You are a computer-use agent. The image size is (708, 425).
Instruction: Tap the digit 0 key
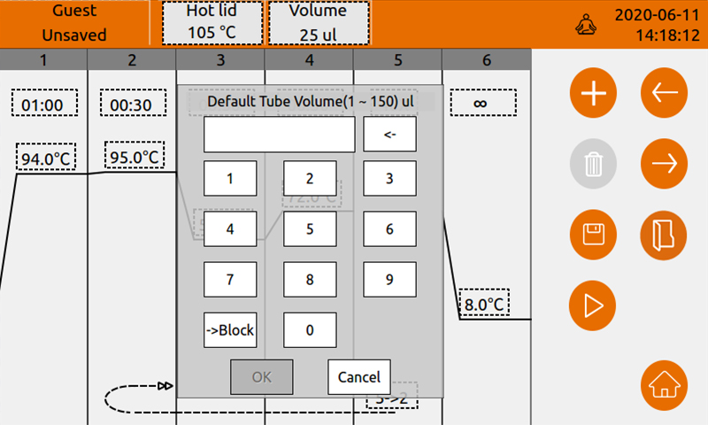tap(310, 330)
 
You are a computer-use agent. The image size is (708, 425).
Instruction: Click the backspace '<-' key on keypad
tap(389, 135)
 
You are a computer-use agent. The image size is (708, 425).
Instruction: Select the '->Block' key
tap(230, 330)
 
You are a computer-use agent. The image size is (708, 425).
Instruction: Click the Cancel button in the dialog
tap(358, 376)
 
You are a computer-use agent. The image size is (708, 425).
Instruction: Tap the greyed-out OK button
tap(261, 376)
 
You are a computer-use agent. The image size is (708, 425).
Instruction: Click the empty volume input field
tap(279, 135)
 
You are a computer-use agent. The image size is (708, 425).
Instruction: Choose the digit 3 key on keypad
tap(389, 178)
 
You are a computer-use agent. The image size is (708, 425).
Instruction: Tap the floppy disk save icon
tap(593, 234)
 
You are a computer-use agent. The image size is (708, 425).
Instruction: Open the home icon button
tap(663, 386)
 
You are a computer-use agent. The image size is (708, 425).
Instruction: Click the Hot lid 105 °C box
tap(212, 22)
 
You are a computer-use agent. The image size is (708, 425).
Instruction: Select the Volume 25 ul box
tap(319, 22)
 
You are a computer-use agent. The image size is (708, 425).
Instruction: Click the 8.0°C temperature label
tap(485, 305)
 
